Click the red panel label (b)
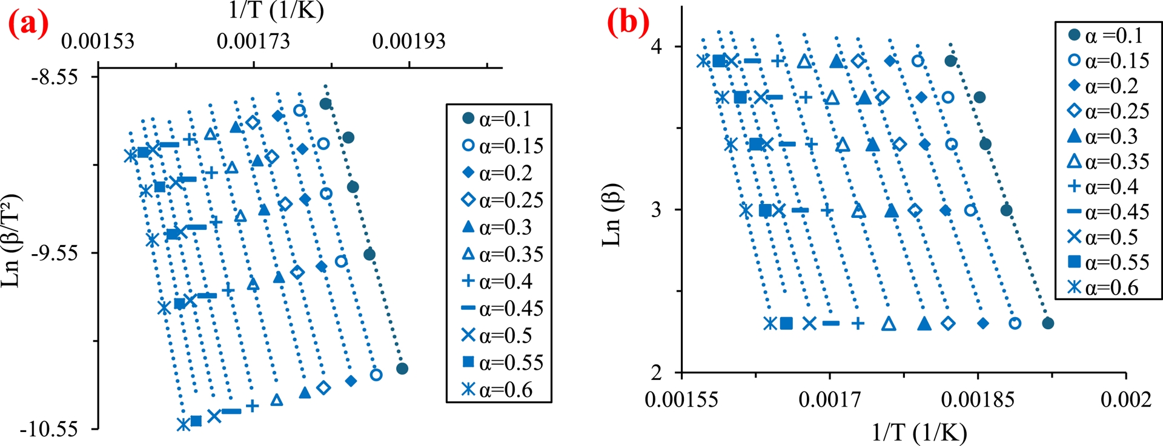point(628,22)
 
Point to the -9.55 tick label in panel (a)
point(55,253)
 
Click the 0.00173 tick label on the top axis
point(253,41)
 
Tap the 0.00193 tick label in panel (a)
point(409,41)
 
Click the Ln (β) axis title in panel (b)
point(612,215)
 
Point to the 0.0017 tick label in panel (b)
point(829,399)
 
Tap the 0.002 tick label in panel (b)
point(1126,399)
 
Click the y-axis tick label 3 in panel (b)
point(657,210)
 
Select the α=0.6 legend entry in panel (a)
point(498,389)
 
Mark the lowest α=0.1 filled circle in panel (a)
point(402,369)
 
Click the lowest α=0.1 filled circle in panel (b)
point(1048,323)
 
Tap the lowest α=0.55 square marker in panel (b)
point(786,323)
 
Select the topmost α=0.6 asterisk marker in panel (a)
point(130,156)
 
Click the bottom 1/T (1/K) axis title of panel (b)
point(919,432)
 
